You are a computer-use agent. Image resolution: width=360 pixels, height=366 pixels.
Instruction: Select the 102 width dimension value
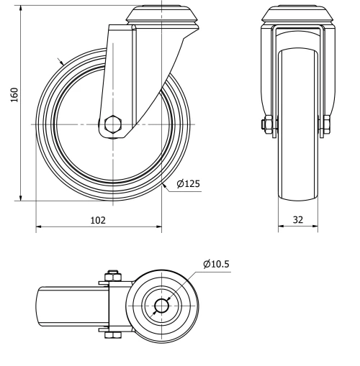pyautogui.click(x=98, y=221)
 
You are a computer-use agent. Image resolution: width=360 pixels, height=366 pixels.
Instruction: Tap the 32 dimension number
pyautogui.click(x=298, y=221)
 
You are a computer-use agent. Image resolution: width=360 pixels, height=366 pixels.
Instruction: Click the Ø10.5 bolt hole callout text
pyautogui.click(x=217, y=265)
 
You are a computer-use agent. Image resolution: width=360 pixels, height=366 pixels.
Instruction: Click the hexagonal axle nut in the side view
pyautogui.click(x=112, y=125)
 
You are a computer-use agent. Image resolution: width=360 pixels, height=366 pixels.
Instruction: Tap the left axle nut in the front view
pyautogui.click(x=267, y=125)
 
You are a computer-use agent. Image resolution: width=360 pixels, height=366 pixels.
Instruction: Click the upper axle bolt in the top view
pyautogui.click(x=112, y=275)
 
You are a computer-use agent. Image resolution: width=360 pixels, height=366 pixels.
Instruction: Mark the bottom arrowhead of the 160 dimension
pyautogui.click(x=21, y=196)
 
